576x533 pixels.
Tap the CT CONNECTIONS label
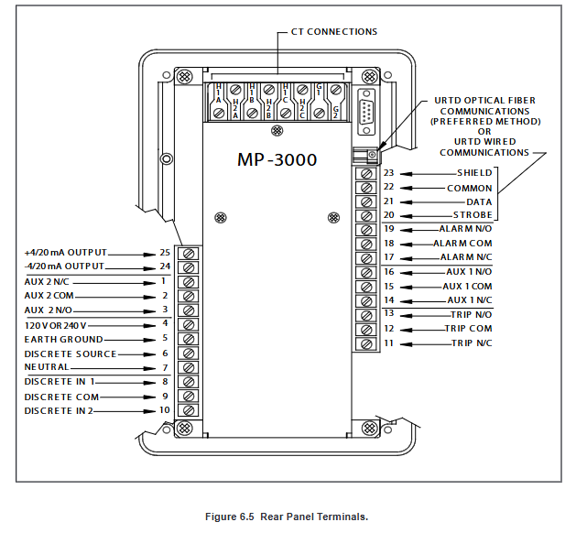click(334, 32)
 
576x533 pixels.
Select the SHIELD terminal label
click(474, 173)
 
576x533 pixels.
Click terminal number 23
click(388, 173)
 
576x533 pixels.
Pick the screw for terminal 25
click(190, 252)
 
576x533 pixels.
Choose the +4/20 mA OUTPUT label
click(66, 252)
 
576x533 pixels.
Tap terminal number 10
click(164, 410)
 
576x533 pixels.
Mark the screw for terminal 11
click(366, 344)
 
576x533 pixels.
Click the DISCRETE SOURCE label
click(71, 354)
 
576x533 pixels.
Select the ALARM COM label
click(462, 243)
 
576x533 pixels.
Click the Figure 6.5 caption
click(287, 517)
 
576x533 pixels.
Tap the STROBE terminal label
click(473, 215)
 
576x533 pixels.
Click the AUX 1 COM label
click(469, 287)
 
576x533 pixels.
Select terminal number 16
click(388, 272)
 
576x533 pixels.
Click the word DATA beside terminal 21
click(479, 201)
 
